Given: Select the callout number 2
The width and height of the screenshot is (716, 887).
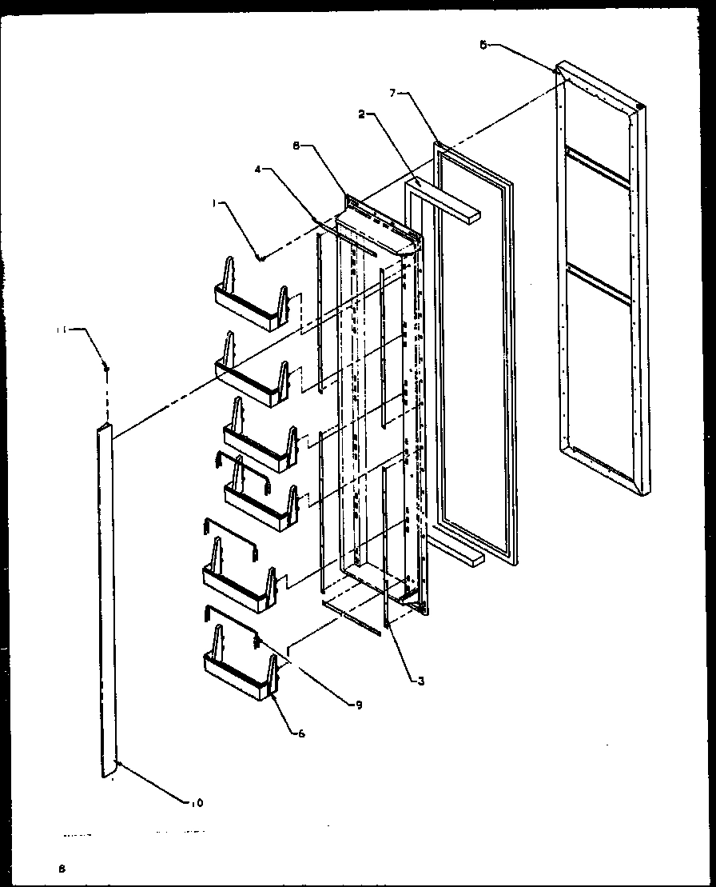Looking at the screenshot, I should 362,114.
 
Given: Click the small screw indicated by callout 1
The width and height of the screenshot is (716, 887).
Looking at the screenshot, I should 261,258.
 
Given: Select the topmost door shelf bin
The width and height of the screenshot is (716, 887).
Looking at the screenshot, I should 250,304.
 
